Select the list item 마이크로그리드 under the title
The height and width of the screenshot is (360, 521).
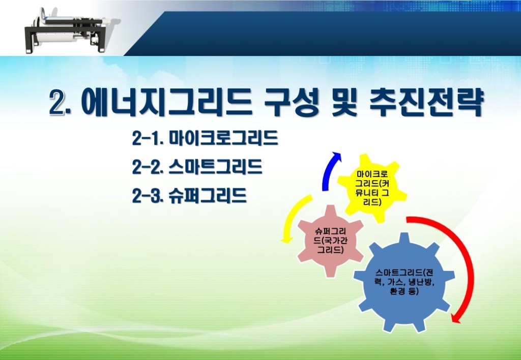223,138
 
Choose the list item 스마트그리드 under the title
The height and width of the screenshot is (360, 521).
215,166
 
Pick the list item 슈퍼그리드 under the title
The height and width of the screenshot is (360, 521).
208,195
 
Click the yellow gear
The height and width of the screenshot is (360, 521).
372,188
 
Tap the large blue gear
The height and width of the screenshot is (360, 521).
403,282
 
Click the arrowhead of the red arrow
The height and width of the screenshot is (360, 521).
457,317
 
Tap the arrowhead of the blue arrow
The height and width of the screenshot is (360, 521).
336,156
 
